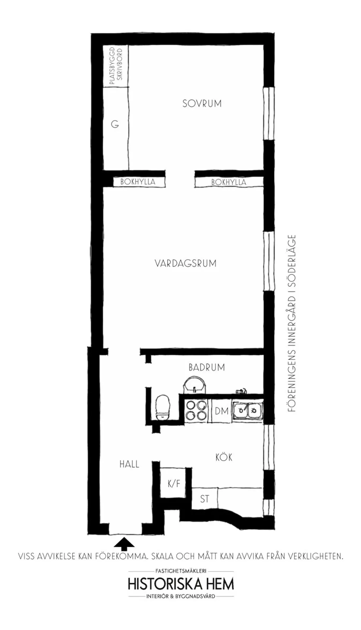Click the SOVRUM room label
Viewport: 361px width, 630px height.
pyautogui.click(x=201, y=103)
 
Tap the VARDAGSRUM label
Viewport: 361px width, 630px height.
pyautogui.click(x=186, y=263)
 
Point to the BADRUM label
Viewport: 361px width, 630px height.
pyautogui.click(x=206, y=367)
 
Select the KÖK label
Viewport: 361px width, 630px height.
pyautogui.click(x=224, y=457)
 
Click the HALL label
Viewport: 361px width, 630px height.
pyautogui.click(x=129, y=464)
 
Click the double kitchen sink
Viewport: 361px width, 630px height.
pyautogui.click(x=247, y=411)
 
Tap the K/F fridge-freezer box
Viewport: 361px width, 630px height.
pyautogui.click(x=173, y=483)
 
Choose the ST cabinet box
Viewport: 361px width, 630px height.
pyautogui.click(x=204, y=499)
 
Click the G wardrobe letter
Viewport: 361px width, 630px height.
pyautogui.click(x=115, y=124)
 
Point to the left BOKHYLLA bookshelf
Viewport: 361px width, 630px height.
pyautogui.click(x=138, y=182)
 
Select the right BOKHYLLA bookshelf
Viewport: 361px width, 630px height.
pyautogui.click(x=229, y=182)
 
